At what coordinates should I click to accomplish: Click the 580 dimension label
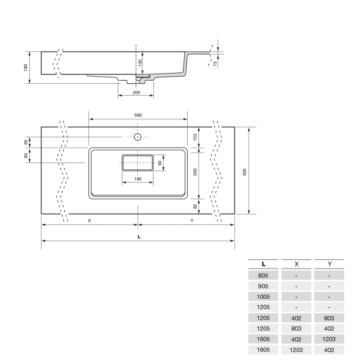(138, 115)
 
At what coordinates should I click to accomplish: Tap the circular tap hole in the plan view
(137, 137)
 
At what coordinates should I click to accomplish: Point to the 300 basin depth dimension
(195, 172)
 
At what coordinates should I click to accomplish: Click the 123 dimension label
(195, 137)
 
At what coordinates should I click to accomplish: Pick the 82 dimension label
(195, 206)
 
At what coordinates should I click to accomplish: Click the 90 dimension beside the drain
(160, 163)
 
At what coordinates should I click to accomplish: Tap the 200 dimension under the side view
(136, 92)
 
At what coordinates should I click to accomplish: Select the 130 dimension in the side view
(140, 62)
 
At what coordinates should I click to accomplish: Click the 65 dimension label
(25, 141)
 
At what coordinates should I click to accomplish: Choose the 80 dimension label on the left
(25, 155)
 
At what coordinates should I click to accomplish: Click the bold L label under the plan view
(139, 237)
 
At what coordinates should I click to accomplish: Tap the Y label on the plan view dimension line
(192, 221)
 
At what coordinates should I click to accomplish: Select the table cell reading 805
(263, 275)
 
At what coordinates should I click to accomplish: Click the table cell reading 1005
(263, 297)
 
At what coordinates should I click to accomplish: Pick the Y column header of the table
(329, 264)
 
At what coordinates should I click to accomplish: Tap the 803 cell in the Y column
(329, 318)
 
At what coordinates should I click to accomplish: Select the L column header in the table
(263, 264)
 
